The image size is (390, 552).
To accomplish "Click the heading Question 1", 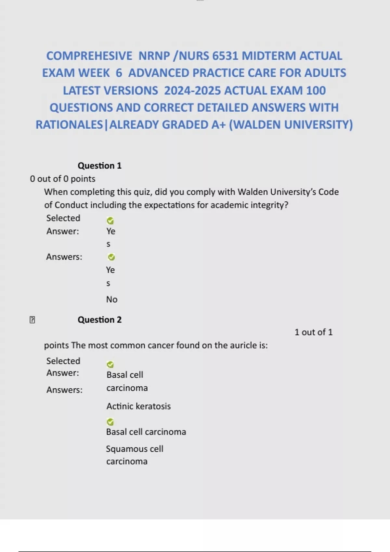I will (99, 166).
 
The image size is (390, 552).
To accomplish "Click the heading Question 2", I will (99, 320).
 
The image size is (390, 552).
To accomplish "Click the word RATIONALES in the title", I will (69, 125).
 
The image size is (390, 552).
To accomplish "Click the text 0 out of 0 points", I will (62, 179).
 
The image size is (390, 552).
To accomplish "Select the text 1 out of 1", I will (313, 332).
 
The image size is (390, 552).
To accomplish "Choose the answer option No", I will (112, 299).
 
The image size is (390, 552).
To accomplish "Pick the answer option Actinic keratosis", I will (138, 406).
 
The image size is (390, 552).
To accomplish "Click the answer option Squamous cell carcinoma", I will (134, 455).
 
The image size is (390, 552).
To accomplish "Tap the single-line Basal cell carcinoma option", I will (146, 432).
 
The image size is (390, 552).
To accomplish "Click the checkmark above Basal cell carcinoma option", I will (110, 422).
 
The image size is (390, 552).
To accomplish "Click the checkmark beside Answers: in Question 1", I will (111, 257).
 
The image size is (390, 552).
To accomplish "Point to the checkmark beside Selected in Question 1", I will (110, 221).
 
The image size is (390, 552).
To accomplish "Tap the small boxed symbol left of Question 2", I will (32, 320).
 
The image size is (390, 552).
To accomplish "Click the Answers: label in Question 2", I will (64, 390).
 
